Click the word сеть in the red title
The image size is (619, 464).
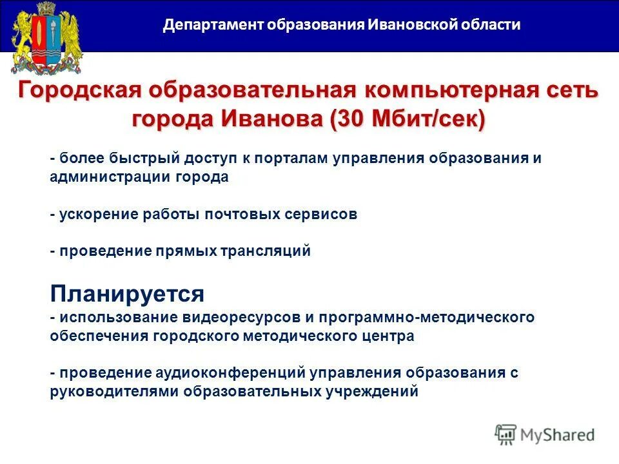tap(567, 90)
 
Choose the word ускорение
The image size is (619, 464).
tap(93, 214)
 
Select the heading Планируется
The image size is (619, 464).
tap(127, 294)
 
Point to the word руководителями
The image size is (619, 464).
tap(114, 391)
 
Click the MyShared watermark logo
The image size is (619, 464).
tap(545, 434)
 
